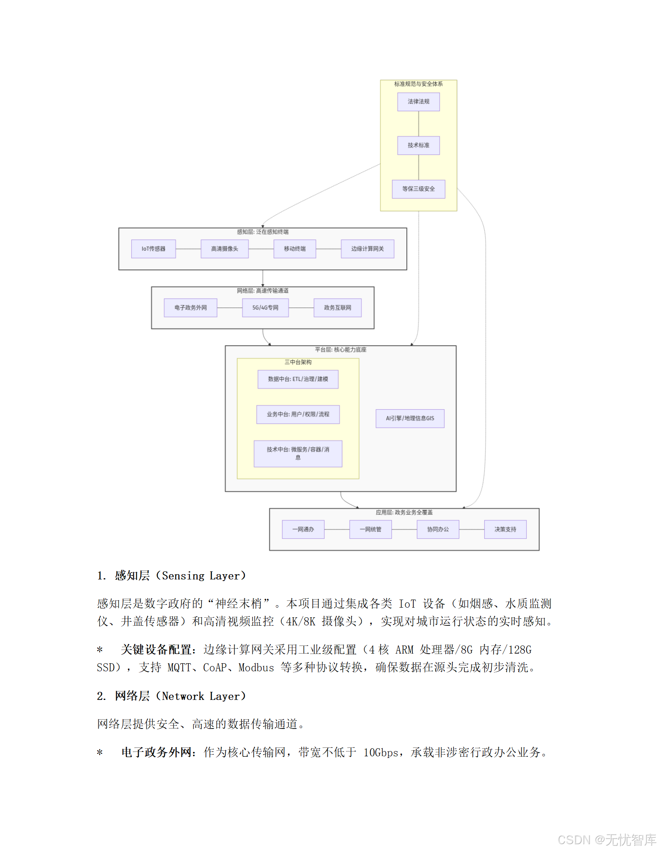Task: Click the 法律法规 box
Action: (418, 102)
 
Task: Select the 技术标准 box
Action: (418, 145)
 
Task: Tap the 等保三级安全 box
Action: (418, 189)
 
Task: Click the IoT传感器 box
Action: (153, 249)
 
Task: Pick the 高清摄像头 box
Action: (224, 249)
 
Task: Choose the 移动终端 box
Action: (294, 249)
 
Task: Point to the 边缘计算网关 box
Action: (367, 249)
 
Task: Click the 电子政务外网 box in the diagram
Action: (190, 307)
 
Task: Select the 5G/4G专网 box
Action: (265, 307)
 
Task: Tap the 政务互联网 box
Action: (337, 307)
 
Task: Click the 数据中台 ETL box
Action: (298, 379)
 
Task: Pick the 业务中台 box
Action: (298, 414)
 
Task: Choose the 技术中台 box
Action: (298, 453)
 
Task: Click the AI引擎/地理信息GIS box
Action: (410, 418)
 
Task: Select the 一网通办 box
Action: (303, 529)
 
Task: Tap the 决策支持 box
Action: (505, 529)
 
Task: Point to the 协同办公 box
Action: (437, 529)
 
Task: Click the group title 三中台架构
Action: (298, 362)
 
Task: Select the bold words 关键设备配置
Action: (156, 650)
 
